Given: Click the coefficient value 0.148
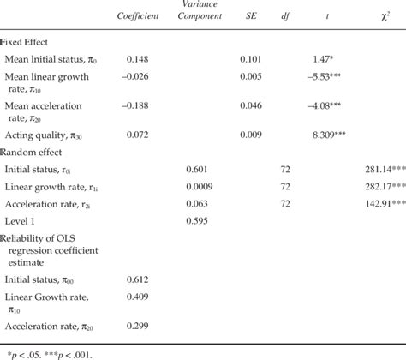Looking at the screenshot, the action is (x=140, y=60).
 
